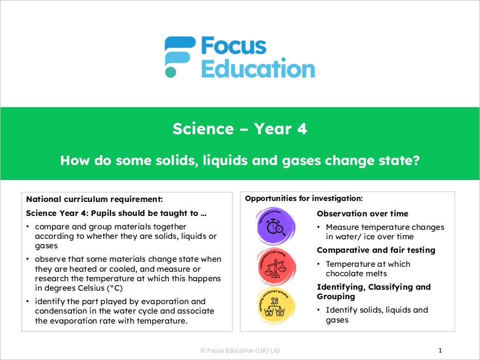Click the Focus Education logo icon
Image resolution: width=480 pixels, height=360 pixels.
[x=180, y=56]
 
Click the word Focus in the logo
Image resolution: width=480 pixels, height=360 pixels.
[x=234, y=46]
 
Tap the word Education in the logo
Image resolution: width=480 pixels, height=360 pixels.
[x=257, y=69]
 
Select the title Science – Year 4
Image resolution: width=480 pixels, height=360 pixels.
[x=240, y=129]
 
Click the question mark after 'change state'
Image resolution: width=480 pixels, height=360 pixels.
[x=415, y=161]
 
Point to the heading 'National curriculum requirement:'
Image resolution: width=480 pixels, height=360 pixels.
[x=94, y=199]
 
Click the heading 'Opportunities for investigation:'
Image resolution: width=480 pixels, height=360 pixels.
[x=304, y=198]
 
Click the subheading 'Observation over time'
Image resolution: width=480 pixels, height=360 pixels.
[x=362, y=213]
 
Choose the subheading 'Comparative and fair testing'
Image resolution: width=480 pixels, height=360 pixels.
[x=376, y=250]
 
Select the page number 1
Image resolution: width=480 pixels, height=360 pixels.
[x=440, y=351]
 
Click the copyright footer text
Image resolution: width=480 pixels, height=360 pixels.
[x=240, y=351]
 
